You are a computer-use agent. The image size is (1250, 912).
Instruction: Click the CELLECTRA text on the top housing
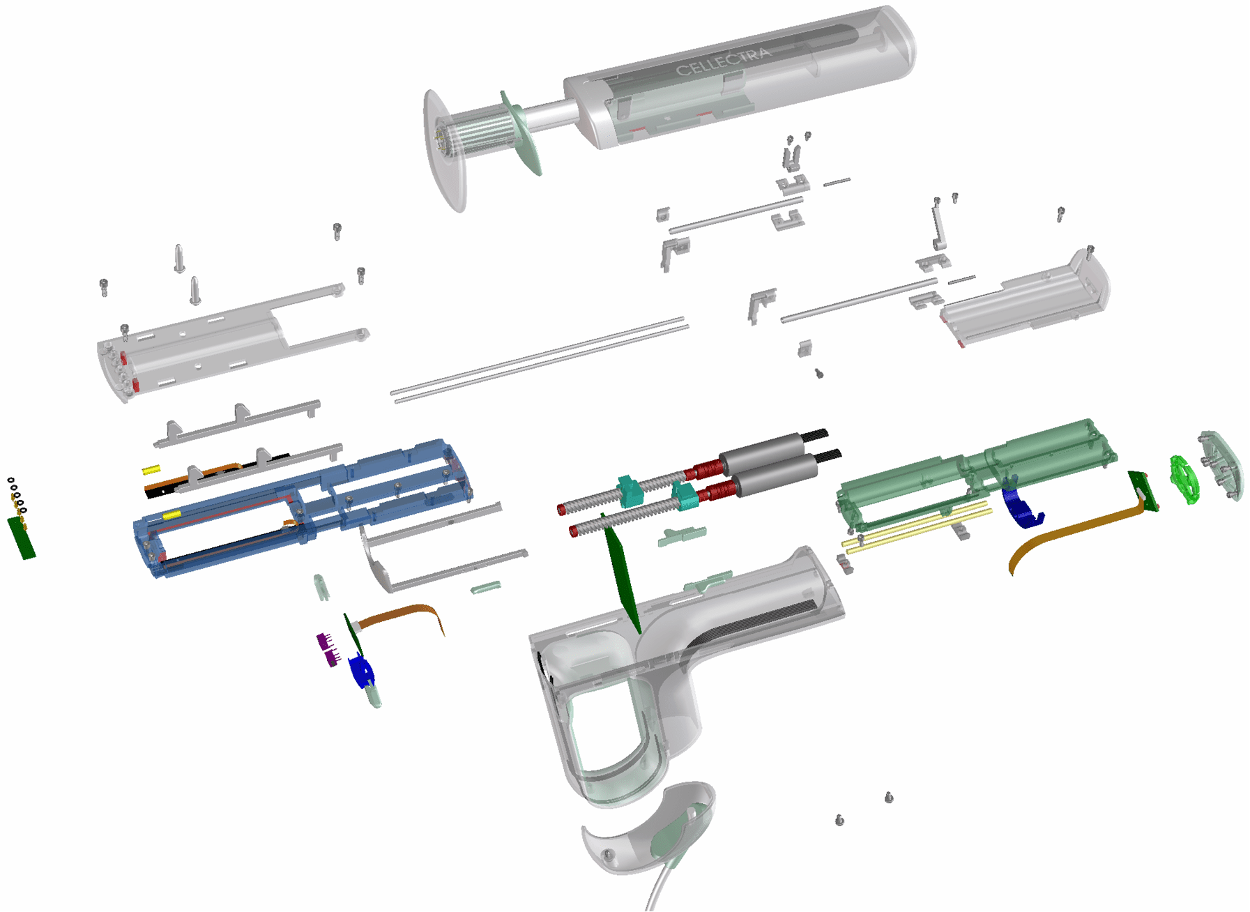tap(724, 61)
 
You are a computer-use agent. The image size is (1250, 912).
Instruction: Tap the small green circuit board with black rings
tap(21, 537)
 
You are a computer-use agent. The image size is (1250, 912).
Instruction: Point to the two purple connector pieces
tap(327, 648)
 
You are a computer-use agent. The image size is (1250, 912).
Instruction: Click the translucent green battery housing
tap(976, 474)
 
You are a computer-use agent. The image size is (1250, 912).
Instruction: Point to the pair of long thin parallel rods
tap(540, 359)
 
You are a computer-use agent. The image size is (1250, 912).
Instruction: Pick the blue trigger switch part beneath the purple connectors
tap(361, 672)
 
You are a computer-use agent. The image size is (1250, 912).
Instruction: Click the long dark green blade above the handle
tap(622, 575)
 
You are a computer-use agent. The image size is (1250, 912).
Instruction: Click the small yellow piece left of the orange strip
tap(151, 470)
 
